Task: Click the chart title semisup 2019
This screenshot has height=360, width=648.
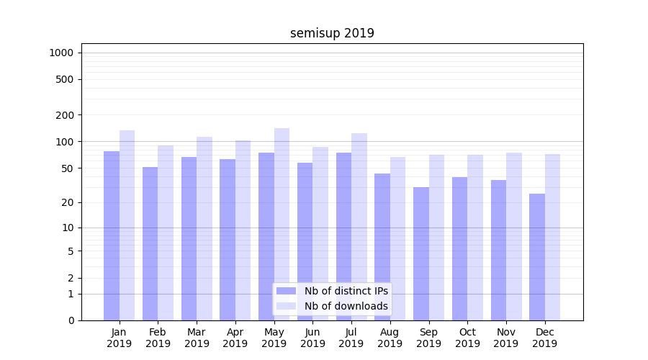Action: (x=332, y=33)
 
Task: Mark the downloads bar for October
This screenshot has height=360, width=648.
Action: (x=475, y=238)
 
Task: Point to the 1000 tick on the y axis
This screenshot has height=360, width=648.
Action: (x=61, y=53)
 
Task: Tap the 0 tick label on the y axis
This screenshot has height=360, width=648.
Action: (x=71, y=320)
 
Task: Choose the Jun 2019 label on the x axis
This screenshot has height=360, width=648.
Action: (x=312, y=338)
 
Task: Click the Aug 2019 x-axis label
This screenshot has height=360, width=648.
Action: (x=390, y=338)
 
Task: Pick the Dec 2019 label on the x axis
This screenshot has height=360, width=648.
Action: (x=545, y=338)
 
